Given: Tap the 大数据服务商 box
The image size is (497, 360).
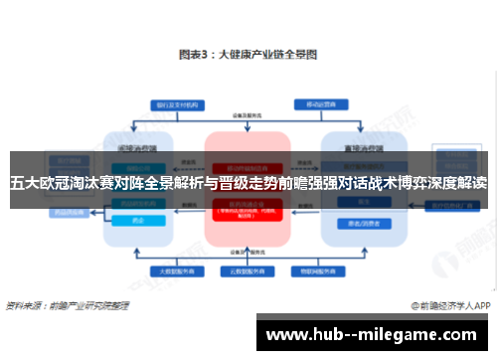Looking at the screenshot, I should click(172, 270).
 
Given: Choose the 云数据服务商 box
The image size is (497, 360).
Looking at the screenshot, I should click(248, 270).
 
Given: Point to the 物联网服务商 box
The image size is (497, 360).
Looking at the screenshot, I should click(323, 270).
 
